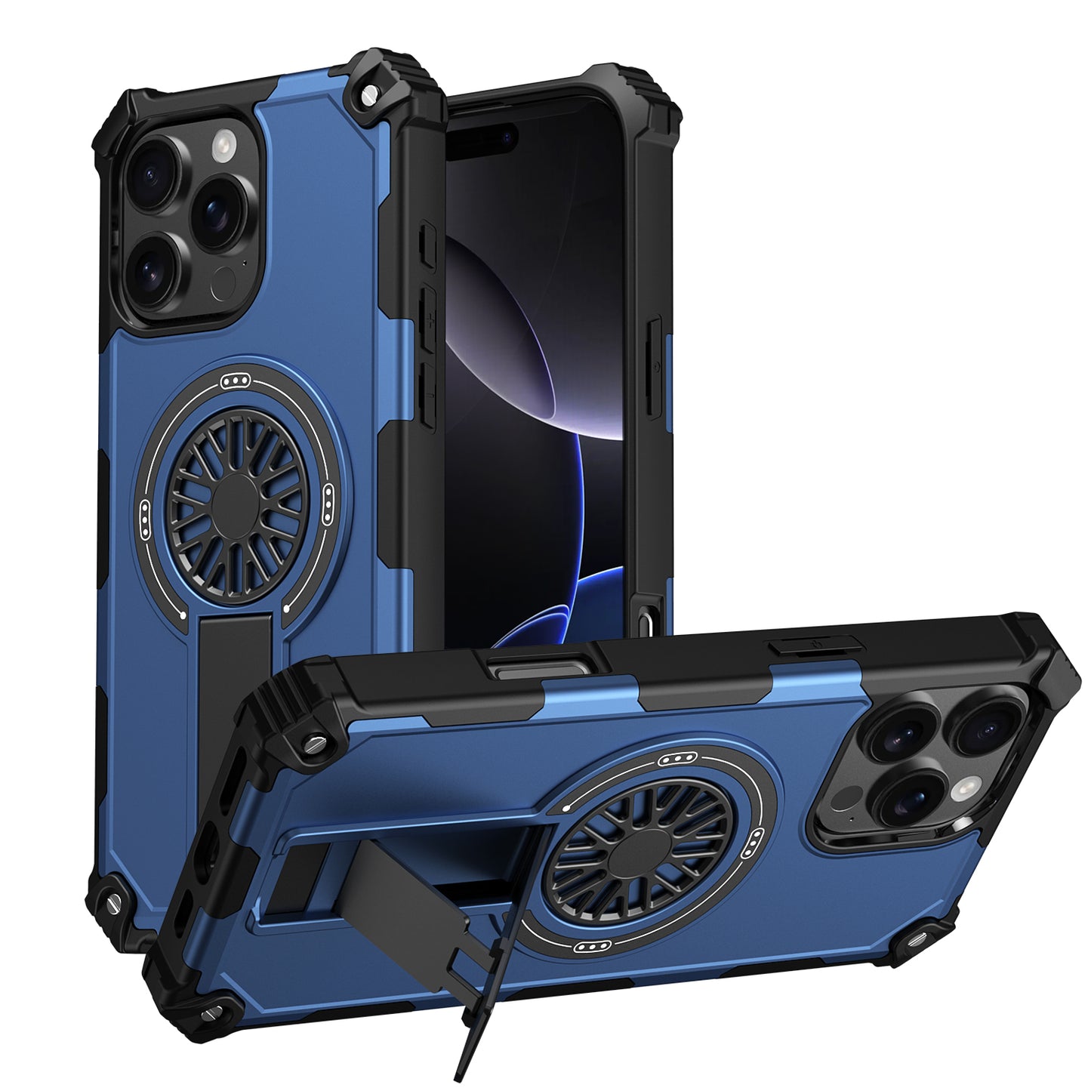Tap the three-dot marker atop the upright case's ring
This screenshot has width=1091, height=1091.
237,381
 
